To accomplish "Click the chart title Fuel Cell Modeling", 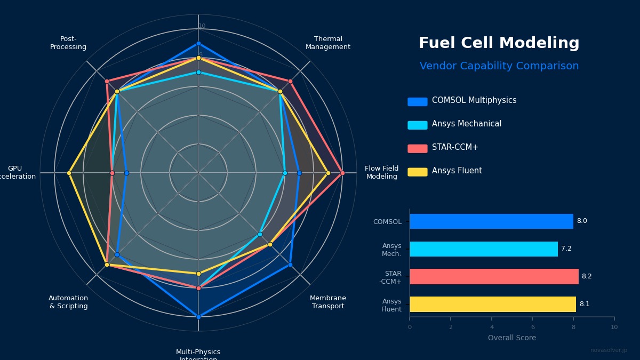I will tap(499, 43).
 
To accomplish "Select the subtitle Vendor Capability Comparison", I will tap(499, 66).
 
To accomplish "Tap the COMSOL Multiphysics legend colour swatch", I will tap(417, 101).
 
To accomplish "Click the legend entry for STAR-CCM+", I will tap(454, 148).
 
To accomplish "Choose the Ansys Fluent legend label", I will tap(457, 171).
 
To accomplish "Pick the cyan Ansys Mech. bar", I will tap(483, 249).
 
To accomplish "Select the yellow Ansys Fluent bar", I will tap(492, 305).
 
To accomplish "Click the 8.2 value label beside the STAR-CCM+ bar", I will tap(586, 277).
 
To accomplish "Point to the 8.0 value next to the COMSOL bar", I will tap(581, 221).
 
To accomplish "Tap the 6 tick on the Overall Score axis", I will tap(532, 327).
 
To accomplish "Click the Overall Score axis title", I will tap(511, 338).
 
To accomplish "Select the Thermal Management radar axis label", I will tap(328, 43).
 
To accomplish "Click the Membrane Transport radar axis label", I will tap(328, 302).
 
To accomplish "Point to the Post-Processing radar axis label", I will tap(68, 43).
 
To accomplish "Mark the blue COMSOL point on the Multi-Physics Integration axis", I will tap(198, 317).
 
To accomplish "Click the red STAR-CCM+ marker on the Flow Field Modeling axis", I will tap(342, 173).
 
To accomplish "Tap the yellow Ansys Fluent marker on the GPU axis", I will tap(69, 173).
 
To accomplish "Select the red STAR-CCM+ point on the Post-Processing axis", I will tap(107, 81).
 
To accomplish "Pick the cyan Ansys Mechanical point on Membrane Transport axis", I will tap(260, 234).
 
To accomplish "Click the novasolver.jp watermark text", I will tap(609, 350).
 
